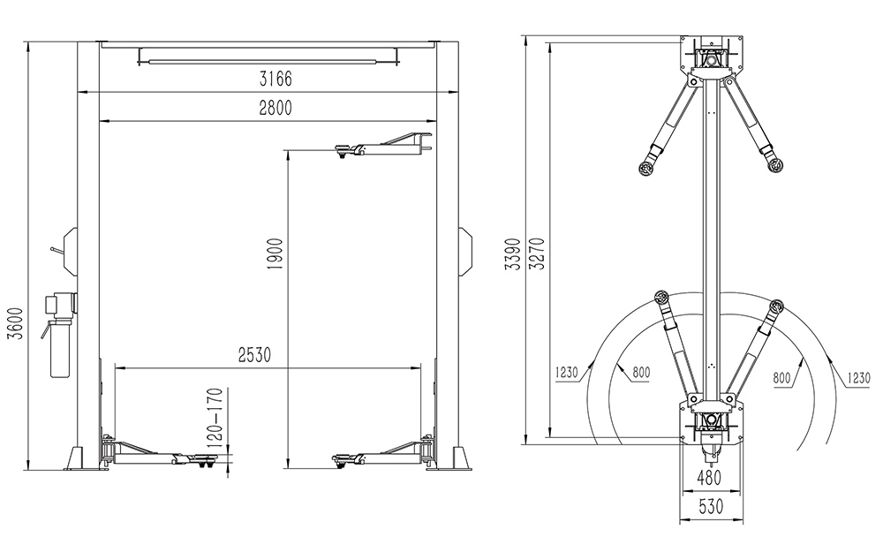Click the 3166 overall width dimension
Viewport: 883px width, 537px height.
(275, 79)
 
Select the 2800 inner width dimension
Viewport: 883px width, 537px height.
(275, 107)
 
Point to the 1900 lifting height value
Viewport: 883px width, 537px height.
(275, 253)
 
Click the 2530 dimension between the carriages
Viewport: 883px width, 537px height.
(254, 355)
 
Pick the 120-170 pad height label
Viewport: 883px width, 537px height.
(215, 418)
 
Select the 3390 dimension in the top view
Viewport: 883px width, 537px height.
(513, 253)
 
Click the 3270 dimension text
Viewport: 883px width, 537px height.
(539, 253)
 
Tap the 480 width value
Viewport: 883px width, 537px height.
(709, 478)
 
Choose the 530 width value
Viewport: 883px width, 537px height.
(711, 507)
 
